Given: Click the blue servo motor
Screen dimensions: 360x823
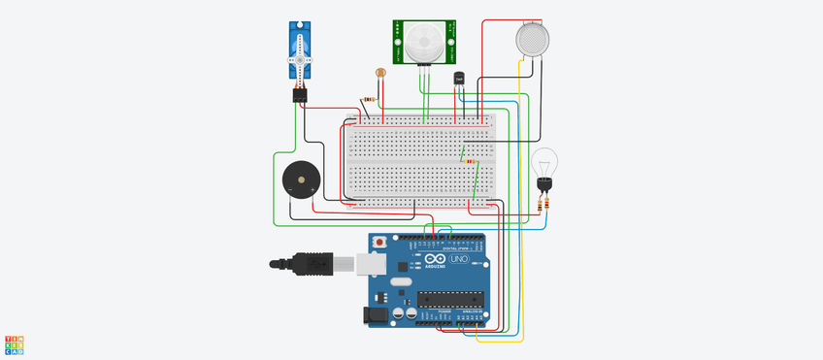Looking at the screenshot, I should pos(301,49).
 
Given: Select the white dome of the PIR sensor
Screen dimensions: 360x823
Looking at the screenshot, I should pos(424,40).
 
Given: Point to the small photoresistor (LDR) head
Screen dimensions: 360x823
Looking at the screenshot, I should pos(380,72).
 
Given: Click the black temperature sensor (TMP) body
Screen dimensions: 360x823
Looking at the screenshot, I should pos(458,79).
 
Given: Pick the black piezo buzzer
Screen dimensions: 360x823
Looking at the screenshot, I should pos(298,180).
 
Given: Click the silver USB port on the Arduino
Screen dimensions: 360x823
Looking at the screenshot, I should pos(369,263).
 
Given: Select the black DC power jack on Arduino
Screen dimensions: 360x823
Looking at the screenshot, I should pos(373,314).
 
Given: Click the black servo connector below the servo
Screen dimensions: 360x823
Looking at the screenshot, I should pos(299,95).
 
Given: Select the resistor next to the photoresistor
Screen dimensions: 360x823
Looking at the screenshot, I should pos(369,99).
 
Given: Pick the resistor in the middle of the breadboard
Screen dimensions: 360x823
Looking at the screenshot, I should pos(473,162).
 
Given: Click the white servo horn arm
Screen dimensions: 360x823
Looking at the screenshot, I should pos(301,60).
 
